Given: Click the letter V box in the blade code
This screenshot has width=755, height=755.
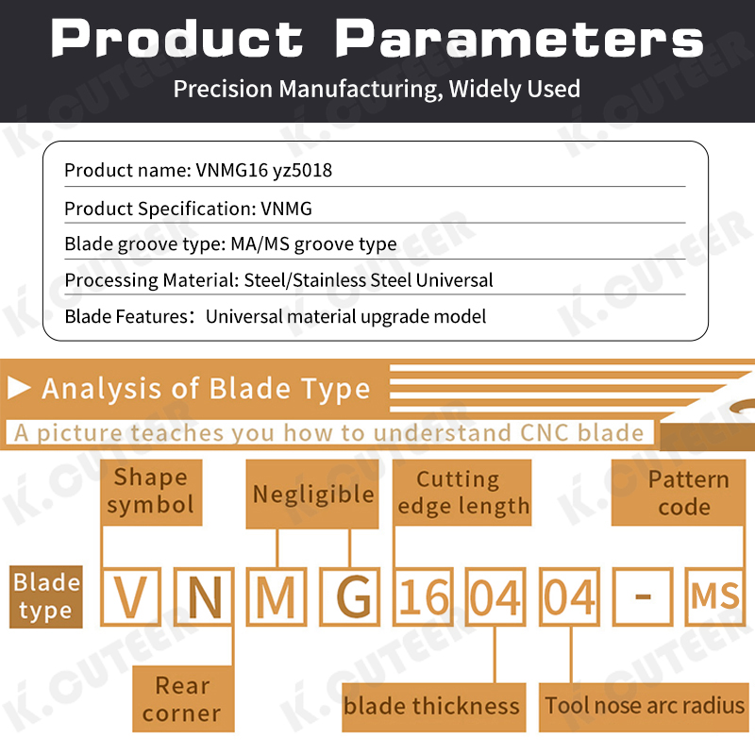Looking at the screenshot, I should (130, 597).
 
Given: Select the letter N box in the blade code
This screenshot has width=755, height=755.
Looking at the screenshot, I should (204, 597).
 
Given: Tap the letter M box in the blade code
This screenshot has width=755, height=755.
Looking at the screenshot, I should (277, 597).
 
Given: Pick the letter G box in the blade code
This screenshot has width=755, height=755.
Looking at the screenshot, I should (350, 597).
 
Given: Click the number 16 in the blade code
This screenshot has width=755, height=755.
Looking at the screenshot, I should (424, 597).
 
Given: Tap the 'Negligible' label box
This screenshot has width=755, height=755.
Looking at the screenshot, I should (313, 494).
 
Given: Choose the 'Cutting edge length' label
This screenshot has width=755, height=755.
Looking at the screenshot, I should (462, 493).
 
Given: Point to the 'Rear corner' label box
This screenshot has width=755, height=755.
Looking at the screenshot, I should (181, 698).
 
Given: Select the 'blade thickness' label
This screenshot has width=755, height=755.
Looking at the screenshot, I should (431, 706).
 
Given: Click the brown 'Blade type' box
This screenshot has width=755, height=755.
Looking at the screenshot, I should (45, 596).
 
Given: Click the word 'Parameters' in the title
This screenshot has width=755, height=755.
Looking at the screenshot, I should (520, 40).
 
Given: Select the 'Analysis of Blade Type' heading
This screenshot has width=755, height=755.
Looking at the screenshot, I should (206, 389).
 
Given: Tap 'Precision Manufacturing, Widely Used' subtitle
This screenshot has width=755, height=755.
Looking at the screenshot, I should (377, 90).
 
